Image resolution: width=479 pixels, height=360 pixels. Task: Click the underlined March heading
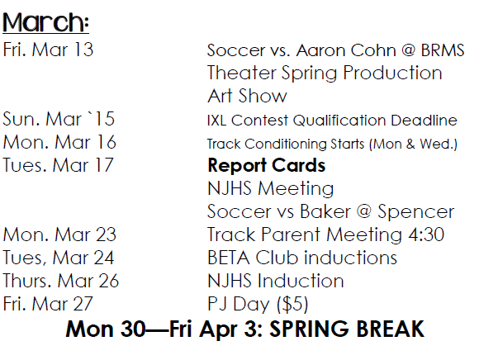(x=45, y=22)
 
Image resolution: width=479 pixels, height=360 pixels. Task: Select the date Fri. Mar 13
(x=48, y=50)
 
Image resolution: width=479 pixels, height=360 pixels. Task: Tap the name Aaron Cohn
(x=346, y=50)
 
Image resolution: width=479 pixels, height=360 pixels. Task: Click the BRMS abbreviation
(x=443, y=50)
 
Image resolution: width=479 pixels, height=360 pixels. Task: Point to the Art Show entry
(x=247, y=96)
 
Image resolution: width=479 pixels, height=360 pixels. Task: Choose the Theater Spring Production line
(x=325, y=73)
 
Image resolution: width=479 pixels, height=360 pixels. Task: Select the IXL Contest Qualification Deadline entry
(x=332, y=120)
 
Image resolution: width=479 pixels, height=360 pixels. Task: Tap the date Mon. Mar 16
(x=59, y=142)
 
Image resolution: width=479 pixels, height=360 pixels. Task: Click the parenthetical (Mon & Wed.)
(x=413, y=144)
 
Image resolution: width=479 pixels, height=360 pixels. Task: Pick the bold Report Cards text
(x=267, y=165)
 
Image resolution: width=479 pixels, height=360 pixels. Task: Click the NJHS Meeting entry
(x=270, y=188)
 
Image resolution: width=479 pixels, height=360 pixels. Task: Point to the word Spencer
(x=415, y=211)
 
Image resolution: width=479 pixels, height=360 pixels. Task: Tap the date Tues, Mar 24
(x=59, y=258)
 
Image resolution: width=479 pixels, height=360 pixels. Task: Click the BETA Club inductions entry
(x=302, y=258)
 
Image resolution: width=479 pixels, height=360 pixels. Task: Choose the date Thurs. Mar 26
(x=61, y=281)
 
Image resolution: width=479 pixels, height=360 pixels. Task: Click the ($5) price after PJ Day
(x=292, y=304)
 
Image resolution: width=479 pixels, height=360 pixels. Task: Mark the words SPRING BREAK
(x=347, y=329)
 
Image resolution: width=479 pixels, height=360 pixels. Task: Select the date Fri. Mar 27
(x=48, y=304)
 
